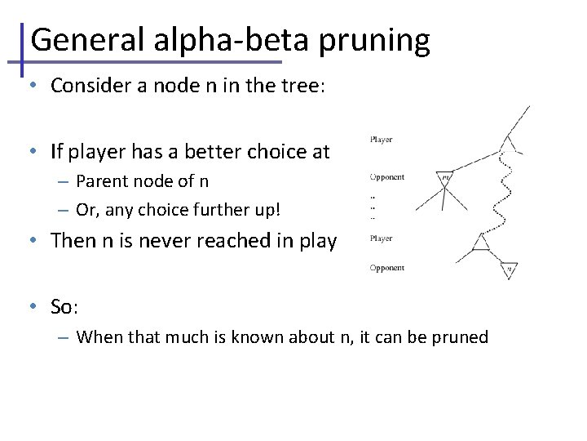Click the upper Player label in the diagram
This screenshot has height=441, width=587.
[x=381, y=140]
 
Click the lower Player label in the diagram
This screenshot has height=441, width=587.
[x=381, y=238]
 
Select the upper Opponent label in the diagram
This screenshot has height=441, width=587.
[x=386, y=177]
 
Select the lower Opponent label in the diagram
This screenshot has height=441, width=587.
[x=386, y=268]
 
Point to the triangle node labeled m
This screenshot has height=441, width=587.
[x=445, y=176]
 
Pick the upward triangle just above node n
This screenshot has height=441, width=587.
[x=481, y=242]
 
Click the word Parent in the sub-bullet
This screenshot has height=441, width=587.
[x=100, y=181]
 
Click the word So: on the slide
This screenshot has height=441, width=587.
[x=64, y=307]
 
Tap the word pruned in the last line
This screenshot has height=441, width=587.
[x=462, y=337]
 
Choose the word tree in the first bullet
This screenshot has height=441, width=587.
[x=306, y=87]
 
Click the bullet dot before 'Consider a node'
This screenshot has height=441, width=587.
[x=30, y=86]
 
